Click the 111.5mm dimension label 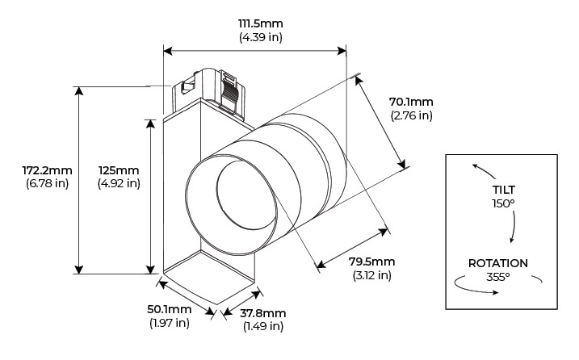pyautogui.click(x=261, y=24)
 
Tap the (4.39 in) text pyautogui.click(x=261, y=38)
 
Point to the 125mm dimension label pyautogui.click(x=119, y=170)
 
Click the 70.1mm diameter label pyautogui.click(x=411, y=102)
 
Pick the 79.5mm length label pyautogui.click(x=371, y=262)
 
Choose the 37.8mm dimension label pyautogui.click(x=263, y=313)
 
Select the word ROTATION pyautogui.click(x=498, y=263)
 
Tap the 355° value pyautogui.click(x=498, y=277)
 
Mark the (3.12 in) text pyautogui.click(x=371, y=275)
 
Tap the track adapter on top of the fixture pyautogui.click(x=212, y=89)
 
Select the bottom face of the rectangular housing pyautogui.click(x=212, y=278)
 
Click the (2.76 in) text pyautogui.click(x=411, y=115)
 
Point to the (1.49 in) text pyautogui.click(x=263, y=326)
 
